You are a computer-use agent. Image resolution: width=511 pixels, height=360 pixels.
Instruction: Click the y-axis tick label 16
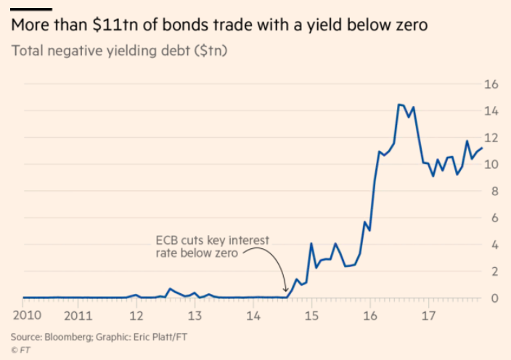491,84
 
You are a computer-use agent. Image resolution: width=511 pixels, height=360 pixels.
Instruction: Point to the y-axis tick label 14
491,111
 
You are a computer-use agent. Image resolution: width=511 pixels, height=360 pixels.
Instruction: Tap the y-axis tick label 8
494,192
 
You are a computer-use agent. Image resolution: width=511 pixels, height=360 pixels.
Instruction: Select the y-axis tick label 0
494,298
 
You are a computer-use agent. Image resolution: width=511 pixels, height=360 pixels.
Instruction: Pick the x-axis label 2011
78,316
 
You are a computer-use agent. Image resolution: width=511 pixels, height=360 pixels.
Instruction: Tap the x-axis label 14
253,316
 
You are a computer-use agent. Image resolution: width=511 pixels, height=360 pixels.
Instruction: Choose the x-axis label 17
428,316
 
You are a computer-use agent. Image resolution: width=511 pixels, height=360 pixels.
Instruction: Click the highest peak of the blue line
399,105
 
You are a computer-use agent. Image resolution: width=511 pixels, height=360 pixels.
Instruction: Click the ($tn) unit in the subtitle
208,52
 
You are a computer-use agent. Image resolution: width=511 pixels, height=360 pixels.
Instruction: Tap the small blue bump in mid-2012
170,289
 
